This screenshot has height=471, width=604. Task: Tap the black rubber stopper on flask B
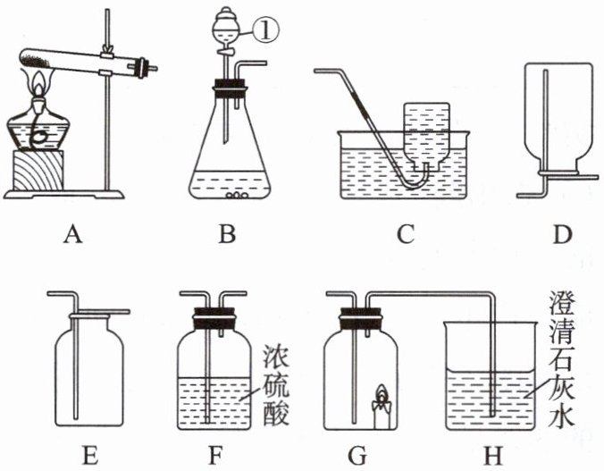click(x=231, y=87)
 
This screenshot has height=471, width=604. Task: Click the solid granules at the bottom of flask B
click(x=237, y=193)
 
